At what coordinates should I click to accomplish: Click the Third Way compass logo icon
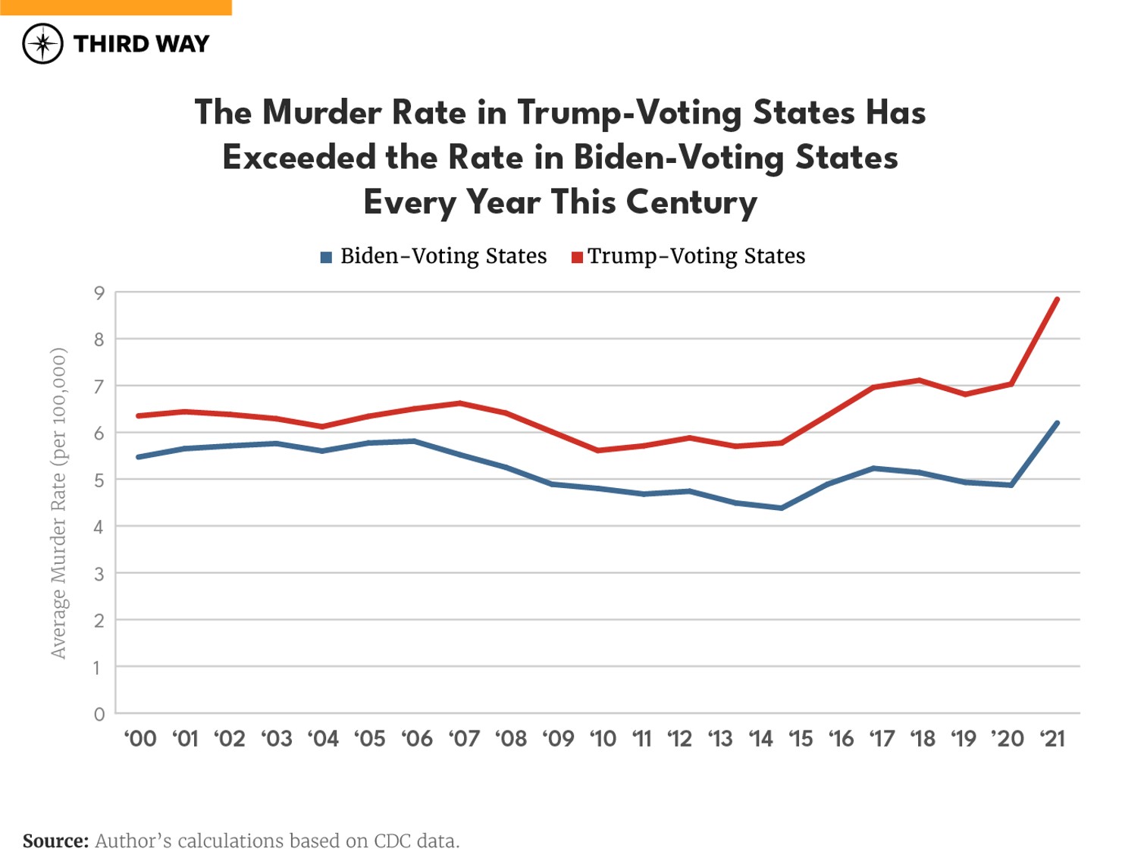[x=42, y=43]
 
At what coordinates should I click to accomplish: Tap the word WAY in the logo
[x=184, y=44]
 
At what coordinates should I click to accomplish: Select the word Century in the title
[x=691, y=203]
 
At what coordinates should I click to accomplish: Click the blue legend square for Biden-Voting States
[x=326, y=257]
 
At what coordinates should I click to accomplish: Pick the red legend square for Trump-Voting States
[x=577, y=257]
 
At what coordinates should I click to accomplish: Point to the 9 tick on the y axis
[x=99, y=293]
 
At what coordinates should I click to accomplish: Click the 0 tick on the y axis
[x=99, y=714]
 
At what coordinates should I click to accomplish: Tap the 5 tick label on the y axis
[x=99, y=480]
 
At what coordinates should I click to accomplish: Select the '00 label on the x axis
[x=140, y=738]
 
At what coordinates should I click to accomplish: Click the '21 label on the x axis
[x=1052, y=738]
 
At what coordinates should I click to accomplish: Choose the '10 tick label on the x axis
[x=603, y=738]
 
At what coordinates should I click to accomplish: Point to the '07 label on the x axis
[x=464, y=738]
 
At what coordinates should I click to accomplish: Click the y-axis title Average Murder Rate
[x=58, y=502]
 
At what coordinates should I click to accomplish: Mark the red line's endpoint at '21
[x=1057, y=299]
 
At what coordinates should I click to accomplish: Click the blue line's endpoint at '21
[x=1057, y=423]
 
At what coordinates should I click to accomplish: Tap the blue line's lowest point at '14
[x=781, y=508]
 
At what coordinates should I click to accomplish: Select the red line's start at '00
[x=139, y=416]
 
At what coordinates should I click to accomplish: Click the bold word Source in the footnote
[x=55, y=841]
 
